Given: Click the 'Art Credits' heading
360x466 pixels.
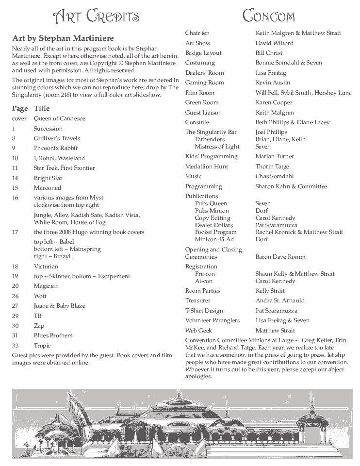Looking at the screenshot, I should click(96, 17).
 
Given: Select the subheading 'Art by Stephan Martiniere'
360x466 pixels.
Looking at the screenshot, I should click(63, 38).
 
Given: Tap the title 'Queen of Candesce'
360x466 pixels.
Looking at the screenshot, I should click(59, 118).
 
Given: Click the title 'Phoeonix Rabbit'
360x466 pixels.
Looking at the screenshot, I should click(55, 148).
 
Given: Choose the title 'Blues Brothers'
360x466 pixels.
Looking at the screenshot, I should click(53, 335).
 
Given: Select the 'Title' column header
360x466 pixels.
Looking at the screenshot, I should click(42, 108).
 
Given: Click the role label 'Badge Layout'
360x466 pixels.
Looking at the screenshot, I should click(203, 53).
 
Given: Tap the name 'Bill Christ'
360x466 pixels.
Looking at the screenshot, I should click(269, 53).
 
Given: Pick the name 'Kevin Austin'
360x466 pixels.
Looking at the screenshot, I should click(273, 83).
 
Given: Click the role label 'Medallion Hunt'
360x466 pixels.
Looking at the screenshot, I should click(207, 166).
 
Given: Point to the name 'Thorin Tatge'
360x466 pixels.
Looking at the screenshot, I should click(272, 166).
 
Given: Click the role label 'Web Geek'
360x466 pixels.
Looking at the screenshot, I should click(198, 331).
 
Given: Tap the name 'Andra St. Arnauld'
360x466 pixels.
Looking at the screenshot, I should click(280, 300).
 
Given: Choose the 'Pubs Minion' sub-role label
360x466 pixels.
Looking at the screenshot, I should click(212, 211).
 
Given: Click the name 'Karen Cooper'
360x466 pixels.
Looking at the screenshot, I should click(274, 102).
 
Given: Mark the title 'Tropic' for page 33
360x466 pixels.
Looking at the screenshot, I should click(42, 346).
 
